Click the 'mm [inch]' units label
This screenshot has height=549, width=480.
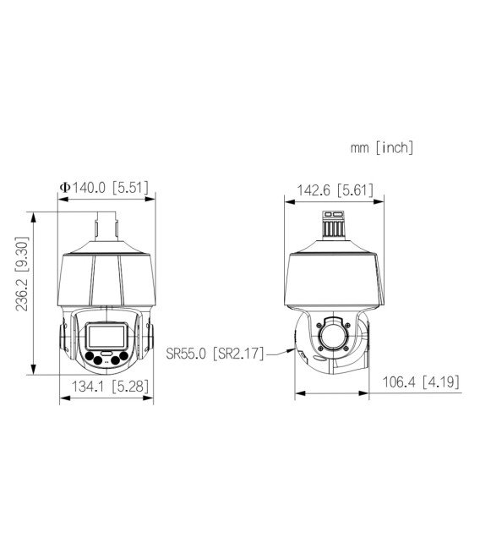click(382, 148)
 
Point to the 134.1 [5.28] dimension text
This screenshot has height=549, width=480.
click(106, 387)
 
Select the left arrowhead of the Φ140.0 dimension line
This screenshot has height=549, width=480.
click(60, 200)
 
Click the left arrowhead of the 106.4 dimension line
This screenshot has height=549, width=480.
click(297, 393)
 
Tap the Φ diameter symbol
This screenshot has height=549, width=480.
click(63, 188)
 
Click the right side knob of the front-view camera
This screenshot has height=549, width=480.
click(152, 337)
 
